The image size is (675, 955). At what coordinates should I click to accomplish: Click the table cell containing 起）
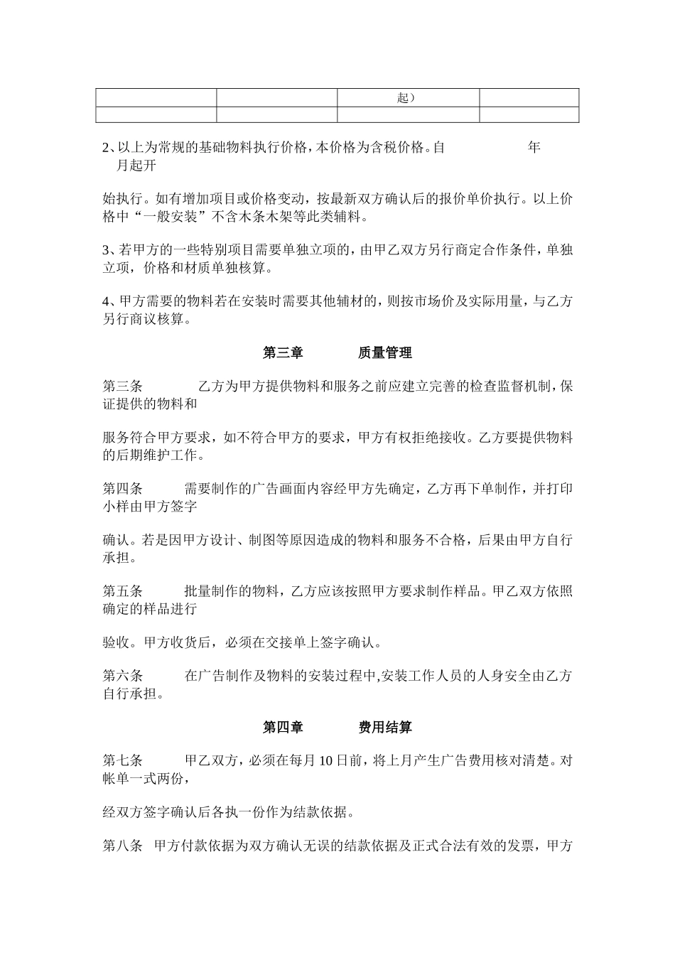tap(407, 97)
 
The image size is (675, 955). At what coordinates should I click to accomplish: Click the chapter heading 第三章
tap(283, 352)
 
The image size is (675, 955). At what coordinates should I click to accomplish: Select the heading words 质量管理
tap(385, 352)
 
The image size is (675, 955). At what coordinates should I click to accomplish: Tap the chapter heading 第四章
tap(283, 727)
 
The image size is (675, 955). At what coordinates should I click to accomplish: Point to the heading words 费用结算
tap(385, 727)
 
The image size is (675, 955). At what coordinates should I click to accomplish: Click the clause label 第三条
tap(123, 387)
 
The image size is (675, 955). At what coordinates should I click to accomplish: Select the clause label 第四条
tap(123, 489)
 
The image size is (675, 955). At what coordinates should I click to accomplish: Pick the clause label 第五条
tap(123, 591)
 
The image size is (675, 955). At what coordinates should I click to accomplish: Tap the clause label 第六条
tap(123, 676)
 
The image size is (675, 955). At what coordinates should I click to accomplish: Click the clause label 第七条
tap(123, 761)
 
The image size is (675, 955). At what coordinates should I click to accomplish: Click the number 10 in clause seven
tap(325, 761)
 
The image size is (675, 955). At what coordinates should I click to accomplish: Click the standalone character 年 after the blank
tap(534, 148)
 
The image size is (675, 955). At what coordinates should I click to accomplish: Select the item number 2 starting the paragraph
tap(106, 148)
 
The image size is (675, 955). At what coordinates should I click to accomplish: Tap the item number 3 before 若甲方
tap(106, 251)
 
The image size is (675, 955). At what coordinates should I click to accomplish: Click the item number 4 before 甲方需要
tap(106, 302)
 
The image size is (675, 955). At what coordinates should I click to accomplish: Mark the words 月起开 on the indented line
tap(136, 166)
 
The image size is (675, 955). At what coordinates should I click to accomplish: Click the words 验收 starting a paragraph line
tap(116, 642)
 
